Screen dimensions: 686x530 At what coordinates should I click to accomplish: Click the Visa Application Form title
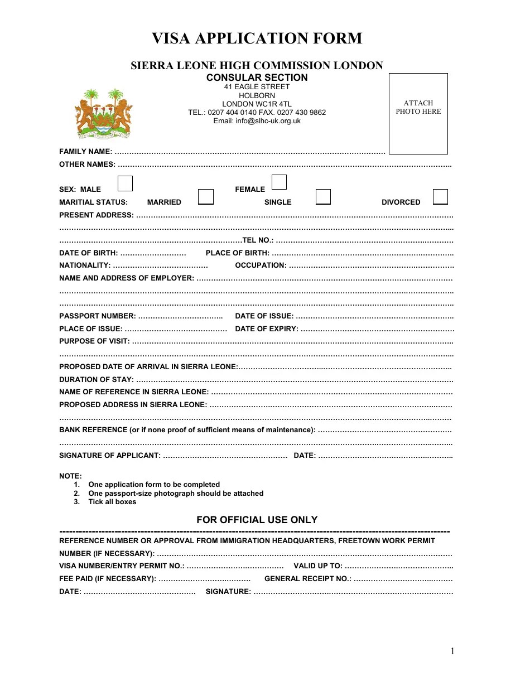257,38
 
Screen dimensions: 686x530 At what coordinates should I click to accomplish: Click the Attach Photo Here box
418,113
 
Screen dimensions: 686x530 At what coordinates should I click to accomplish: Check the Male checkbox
125,183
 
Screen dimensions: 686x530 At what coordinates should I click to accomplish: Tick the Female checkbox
279,182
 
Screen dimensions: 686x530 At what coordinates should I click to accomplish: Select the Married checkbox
206,197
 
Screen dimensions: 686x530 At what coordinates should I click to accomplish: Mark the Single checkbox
323,197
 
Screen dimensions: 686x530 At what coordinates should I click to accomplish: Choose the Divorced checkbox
440,197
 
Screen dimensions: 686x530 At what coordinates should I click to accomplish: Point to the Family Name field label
85,152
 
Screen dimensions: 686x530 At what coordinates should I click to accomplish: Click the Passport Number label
97,316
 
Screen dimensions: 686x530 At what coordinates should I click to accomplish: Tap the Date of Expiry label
267,329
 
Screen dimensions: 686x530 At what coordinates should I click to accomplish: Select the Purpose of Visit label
94,341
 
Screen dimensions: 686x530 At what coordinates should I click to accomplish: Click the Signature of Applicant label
110,456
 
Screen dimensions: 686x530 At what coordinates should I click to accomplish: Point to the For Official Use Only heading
257,520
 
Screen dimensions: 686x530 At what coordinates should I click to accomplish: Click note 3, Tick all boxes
112,502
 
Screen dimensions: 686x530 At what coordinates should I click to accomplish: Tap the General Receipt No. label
307,579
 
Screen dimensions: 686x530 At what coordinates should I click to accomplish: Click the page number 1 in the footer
452,651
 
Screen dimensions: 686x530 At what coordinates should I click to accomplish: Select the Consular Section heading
257,78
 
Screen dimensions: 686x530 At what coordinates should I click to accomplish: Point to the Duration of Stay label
96,380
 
